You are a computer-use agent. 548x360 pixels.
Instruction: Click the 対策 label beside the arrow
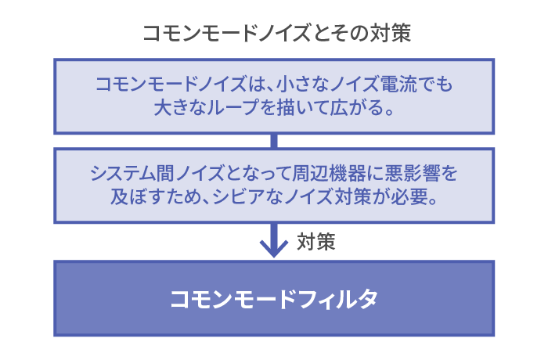316,242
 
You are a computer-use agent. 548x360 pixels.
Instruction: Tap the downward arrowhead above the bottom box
274,249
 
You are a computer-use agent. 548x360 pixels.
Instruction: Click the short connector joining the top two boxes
274,141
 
